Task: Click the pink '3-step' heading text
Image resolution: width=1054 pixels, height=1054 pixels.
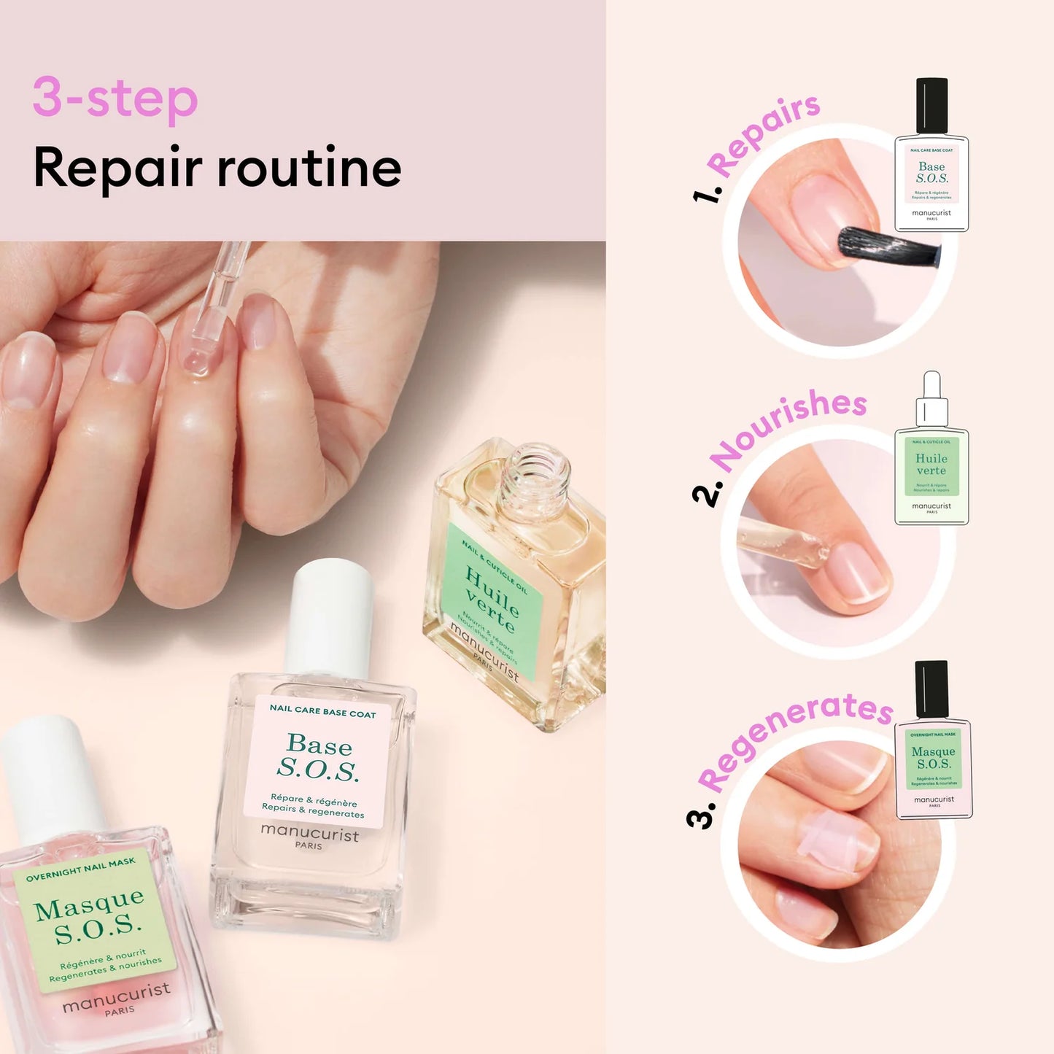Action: tap(115, 98)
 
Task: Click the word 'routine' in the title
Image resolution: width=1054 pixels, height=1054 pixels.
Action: tap(309, 168)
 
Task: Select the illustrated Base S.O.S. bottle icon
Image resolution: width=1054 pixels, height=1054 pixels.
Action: tap(931, 157)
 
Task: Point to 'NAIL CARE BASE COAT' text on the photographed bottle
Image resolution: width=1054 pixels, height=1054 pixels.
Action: tap(322, 711)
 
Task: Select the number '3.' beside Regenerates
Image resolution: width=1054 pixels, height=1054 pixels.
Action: tap(701, 816)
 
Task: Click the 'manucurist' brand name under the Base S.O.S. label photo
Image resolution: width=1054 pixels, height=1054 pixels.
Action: tap(310, 832)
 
